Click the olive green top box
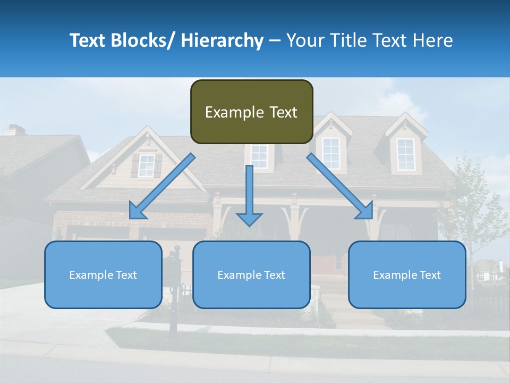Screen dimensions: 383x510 click(251, 112)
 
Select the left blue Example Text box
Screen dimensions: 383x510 click(103, 274)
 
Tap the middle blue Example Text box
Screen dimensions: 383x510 click(251, 274)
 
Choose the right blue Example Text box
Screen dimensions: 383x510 click(407, 274)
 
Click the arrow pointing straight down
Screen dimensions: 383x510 click(249, 197)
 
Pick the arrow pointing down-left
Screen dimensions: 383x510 click(162, 186)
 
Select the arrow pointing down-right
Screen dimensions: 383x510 click(340, 186)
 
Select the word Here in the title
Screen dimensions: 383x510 click(431, 40)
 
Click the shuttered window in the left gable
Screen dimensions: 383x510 click(146, 166)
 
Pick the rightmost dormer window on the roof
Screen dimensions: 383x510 click(405, 154)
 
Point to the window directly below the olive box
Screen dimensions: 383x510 click(259, 156)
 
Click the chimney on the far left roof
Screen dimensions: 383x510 click(15, 130)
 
